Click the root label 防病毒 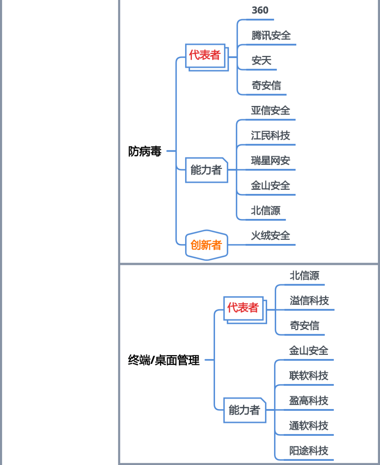point(145,151)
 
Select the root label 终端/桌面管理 point(164,360)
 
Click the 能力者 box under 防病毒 point(207,170)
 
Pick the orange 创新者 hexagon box point(207,245)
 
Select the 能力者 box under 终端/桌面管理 point(245,410)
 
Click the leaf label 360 point(260,10)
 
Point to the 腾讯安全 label point(271,36)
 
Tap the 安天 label point(261,61)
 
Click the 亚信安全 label point(271,111)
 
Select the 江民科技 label point(271,136)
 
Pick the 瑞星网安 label point(271,161)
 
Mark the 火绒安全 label point(271,235)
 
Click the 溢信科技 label point(309,301)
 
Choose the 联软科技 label point(309,376)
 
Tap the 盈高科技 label point(309,401)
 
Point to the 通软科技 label point(309,426)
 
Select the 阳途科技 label point(309,451)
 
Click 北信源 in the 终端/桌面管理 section point(304,276)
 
